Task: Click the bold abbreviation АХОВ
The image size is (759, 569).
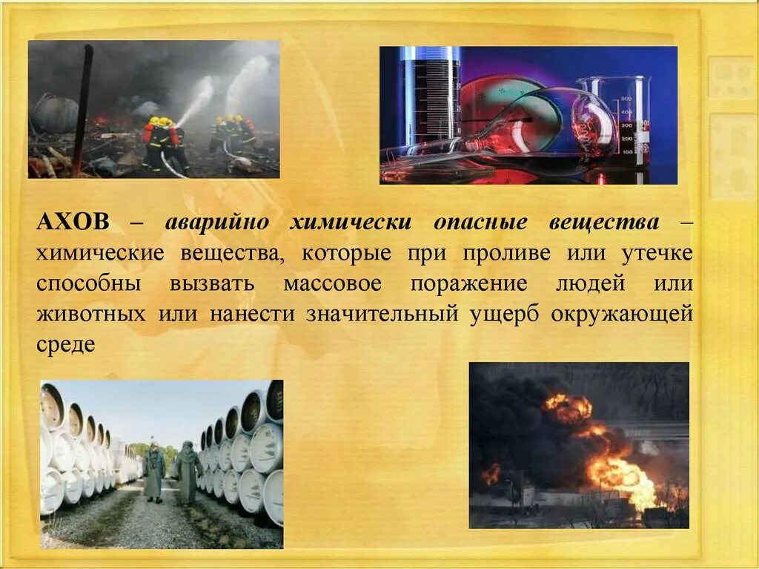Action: [73, 222]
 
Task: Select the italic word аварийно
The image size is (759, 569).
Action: [217, 223]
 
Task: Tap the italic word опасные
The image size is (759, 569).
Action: [480, 223]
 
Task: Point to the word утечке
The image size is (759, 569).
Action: [657, 254]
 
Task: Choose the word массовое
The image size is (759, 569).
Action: [333, 284]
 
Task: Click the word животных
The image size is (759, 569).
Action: [90, 315]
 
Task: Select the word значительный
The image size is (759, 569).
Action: [382, 315]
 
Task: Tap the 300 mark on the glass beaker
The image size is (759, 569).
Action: [626, 125]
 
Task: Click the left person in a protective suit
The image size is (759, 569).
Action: [154, 471]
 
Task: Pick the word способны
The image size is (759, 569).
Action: [89, 284]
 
